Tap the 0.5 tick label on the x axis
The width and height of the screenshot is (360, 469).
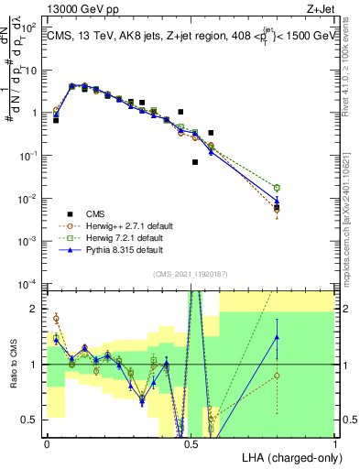191,442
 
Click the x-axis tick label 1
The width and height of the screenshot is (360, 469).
334,442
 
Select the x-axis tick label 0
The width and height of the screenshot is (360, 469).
47,442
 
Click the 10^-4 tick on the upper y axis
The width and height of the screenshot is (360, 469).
29,284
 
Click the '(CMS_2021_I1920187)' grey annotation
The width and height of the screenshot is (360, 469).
191,273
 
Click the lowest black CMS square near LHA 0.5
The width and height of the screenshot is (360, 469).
195,162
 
